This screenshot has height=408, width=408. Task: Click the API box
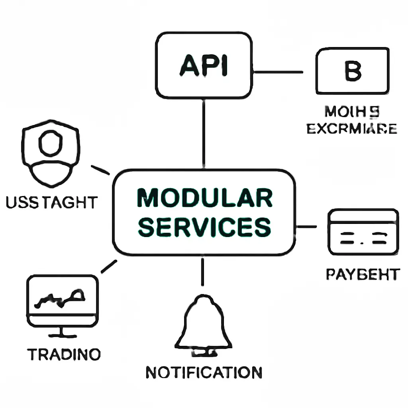[204, 66]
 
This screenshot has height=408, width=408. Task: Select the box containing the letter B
[352, 71]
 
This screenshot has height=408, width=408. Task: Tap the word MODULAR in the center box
[204, 198]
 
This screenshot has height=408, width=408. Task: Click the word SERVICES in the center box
[204, 227]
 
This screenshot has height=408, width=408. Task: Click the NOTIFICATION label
[204, 372]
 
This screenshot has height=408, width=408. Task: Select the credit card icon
[363, 232]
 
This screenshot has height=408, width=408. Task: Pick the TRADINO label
[64, 354]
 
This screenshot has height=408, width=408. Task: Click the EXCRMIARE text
[352, 129]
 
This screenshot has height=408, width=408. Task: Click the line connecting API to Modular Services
[204, 133]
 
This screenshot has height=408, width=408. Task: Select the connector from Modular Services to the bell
[203, 272]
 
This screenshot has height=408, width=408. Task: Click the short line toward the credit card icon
[307, 227]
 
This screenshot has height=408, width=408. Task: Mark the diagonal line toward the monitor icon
[109, 267]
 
